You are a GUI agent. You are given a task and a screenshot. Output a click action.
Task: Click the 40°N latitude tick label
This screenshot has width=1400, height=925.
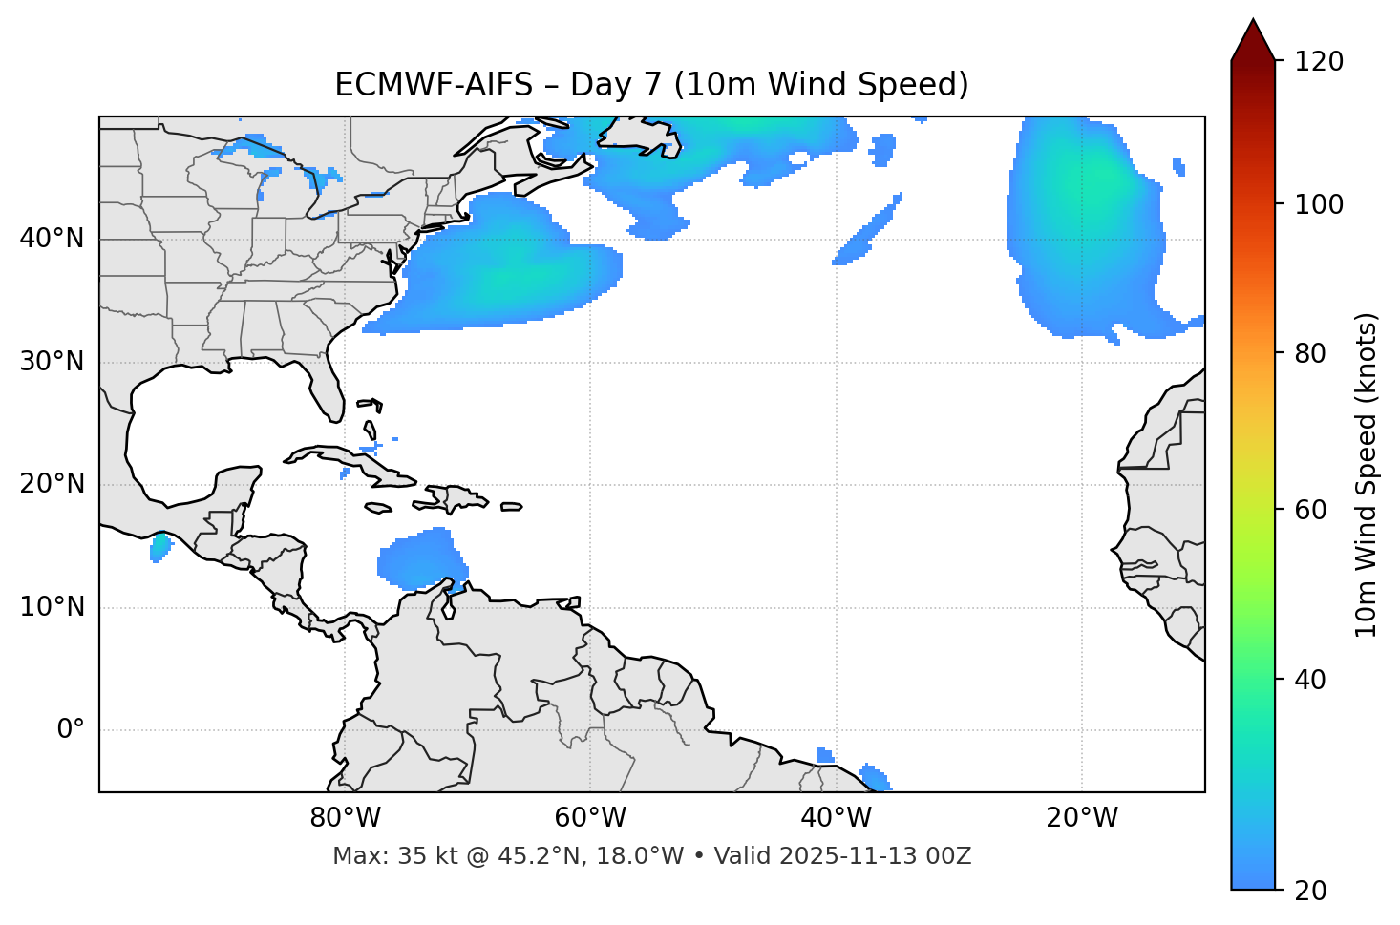(x=52, y=239)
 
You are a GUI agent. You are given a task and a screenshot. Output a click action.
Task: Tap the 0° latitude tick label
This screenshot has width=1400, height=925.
(x=71, y=730)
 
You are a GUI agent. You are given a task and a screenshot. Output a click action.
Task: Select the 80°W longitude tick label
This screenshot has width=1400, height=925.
(x=345, y=818)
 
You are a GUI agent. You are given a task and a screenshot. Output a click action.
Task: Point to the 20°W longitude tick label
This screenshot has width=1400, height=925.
(x=1082, y=818)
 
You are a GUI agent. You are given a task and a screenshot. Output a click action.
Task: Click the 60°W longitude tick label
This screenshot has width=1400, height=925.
(x=590, y=818)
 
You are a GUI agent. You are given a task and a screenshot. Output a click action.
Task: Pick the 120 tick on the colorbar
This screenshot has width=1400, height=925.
(x=1321, y=62)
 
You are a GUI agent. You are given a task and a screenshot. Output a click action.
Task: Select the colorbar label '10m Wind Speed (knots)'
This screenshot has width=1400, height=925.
(x=1367, y=475)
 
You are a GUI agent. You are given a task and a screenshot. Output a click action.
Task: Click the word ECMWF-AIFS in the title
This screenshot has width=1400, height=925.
(x=433, y=85)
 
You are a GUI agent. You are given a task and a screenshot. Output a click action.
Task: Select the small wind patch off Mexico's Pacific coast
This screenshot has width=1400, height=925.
(x=159, y=547)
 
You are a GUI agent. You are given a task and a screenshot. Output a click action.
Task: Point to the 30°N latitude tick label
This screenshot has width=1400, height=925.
(x=52, y=362)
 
